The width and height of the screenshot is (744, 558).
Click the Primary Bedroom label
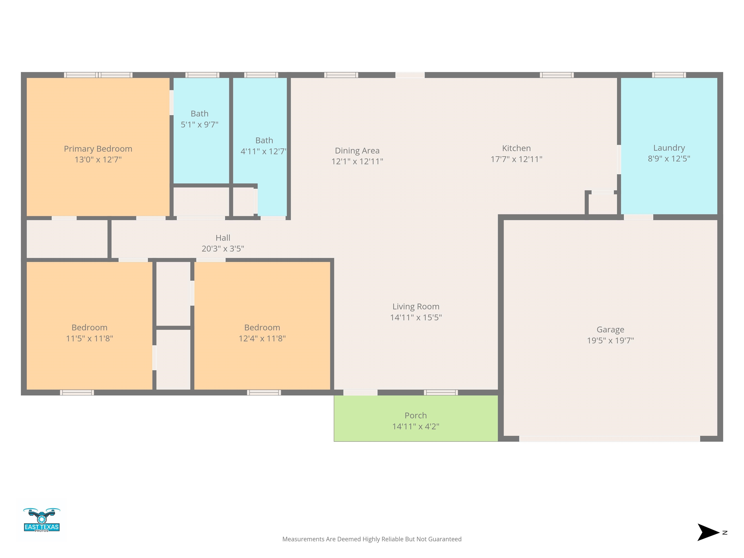[98, 149]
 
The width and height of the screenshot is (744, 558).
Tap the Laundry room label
[669, 148]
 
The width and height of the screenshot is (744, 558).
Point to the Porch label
[416, 415]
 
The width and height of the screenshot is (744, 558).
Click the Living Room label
[416, 306]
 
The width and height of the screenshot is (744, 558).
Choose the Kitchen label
[516, 148]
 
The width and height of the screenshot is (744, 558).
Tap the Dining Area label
[357, 151]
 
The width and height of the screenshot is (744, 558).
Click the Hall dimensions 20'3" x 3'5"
[223, 248]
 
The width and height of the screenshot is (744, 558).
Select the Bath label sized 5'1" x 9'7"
[200, 114]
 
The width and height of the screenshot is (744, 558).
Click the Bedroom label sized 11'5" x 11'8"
[89, 328]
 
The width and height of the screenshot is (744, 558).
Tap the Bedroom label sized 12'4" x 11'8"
[262, 328]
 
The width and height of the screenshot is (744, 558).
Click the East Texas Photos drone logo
[42, 520]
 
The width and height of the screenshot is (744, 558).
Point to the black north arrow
[708, 532]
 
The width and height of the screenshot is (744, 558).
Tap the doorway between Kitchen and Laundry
[619, 159]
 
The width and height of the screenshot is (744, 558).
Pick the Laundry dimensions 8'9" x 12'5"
[669, 159]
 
